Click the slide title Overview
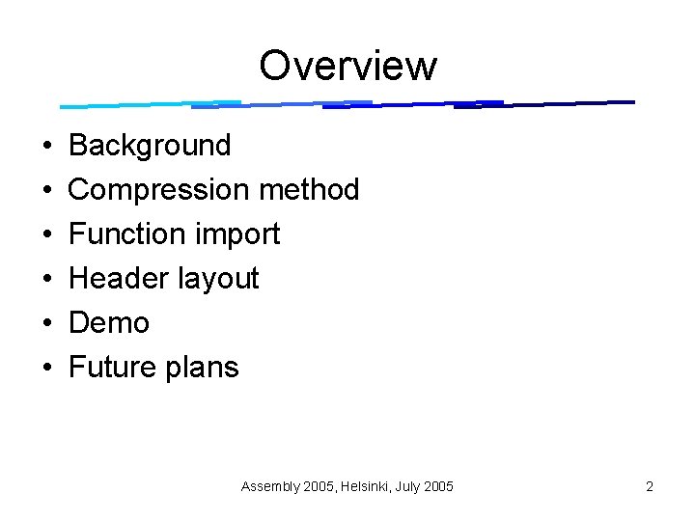tap(347, 66)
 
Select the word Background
tap(150, 146)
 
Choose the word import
tap(236, 234)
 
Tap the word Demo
tap(109, 323)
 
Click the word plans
tap(203, 369)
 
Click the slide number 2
tap(650, 486)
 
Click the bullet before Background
tap(47, 147)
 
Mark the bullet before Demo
tap(47, 324)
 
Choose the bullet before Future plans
tap(47, 369)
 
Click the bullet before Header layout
tap(47, 280)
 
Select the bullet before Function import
tap(47, 235)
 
